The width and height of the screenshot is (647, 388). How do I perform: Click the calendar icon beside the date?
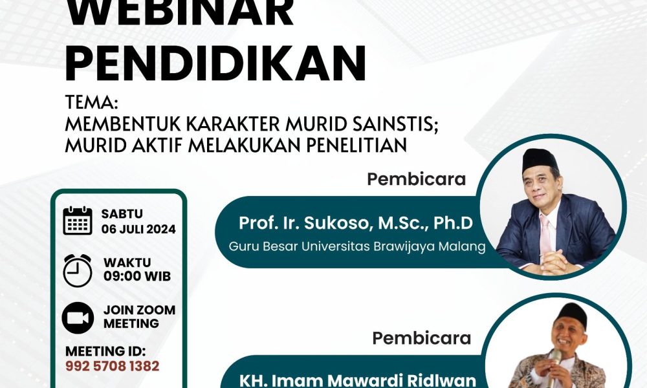click(78, 221)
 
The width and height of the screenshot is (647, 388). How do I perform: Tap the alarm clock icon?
click(78, 270)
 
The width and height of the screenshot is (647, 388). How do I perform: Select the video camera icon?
click(78, 318)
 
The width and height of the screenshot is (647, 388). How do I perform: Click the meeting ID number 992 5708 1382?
click(112, 366)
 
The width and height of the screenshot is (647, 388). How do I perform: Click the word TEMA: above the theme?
click(91, 103)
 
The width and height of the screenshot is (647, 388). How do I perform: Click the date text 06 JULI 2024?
click(138, 230)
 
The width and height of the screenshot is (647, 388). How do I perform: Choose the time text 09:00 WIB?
click(137, 276)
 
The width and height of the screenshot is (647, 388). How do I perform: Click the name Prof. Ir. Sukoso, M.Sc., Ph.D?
click(356, 223)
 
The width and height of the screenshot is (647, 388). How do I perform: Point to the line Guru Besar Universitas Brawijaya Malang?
click(357, 246)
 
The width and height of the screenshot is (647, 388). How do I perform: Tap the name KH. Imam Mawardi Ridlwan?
click(357, 380)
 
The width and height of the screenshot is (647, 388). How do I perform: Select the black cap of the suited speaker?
click(540, 160)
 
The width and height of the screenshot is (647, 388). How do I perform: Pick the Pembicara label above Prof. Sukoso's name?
click(416, 179)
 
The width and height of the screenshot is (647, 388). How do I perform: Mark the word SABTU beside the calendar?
click(122, 214)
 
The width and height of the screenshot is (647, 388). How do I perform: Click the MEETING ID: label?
click(105, 351)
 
